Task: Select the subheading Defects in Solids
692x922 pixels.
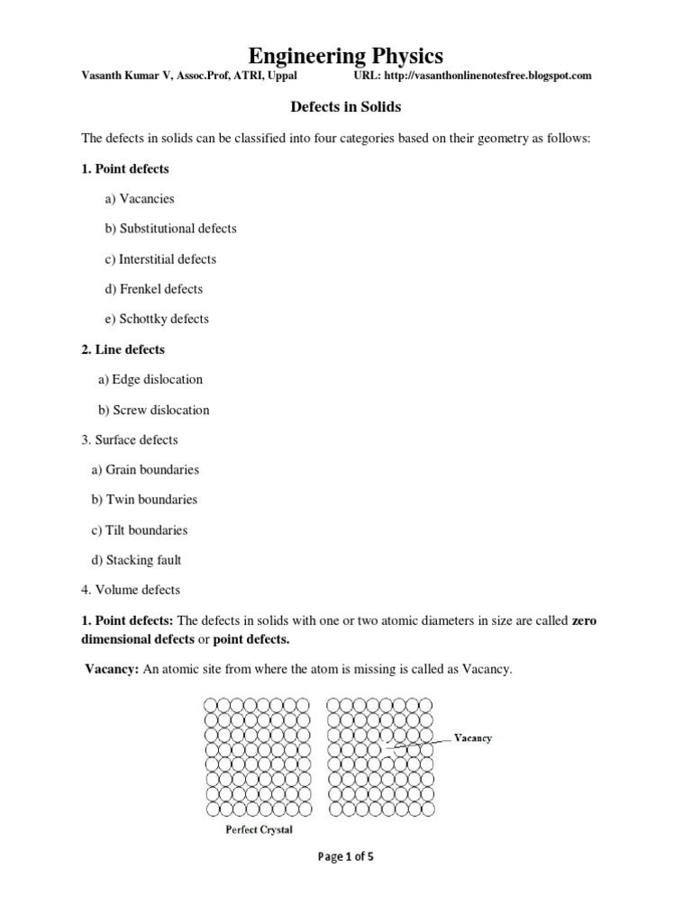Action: click(345, 107)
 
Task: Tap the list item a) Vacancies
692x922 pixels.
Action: click(140, 198)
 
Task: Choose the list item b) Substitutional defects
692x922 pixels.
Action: click(170, 229)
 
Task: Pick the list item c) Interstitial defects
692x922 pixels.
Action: click(160, 259)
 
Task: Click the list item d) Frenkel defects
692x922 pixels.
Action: click(154, 289)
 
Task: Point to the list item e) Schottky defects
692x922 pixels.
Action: click(157, 319)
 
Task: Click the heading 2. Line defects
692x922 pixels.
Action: click(123, 349)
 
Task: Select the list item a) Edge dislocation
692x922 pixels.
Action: click(150, 379)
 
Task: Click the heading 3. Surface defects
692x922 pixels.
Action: click(130, 440)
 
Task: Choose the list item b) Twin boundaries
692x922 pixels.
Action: click(144, 500)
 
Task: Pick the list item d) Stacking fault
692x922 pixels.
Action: click(136, 560)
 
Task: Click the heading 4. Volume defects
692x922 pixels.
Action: click(131, 590)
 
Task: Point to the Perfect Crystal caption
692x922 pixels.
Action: click(259, 829)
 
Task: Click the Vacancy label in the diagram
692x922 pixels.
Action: click(472, 737)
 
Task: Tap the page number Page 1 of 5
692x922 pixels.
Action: click(346, 857)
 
